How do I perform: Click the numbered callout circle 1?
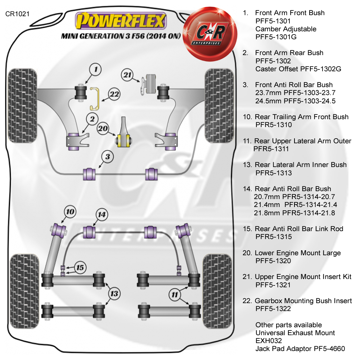click(x=95, y=69)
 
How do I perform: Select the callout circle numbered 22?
click(x=114, y=95)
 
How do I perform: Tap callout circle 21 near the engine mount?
click(x=127, y=75)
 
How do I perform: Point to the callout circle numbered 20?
click(x=103, y=127)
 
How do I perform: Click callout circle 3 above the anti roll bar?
click(x=108, y=157)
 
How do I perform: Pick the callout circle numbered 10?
click(x=70, y=212)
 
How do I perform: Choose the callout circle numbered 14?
click(x=102, y=215)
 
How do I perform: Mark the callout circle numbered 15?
click(x=80, y=267)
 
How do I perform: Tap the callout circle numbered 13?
click(x=114, y=294)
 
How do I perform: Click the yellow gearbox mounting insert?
click(x=95, y=99)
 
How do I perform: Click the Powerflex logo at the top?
click(x=121, y=21)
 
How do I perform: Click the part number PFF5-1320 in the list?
click(x=273, y=261)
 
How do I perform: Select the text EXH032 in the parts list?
click(x=269, y=341)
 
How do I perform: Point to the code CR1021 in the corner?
click(x=17, y=14)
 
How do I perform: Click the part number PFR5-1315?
click(x=273, y=237)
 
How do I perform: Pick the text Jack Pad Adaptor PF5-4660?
click(x=300, y=348)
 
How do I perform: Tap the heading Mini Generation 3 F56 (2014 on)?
click(x=120, y=36)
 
